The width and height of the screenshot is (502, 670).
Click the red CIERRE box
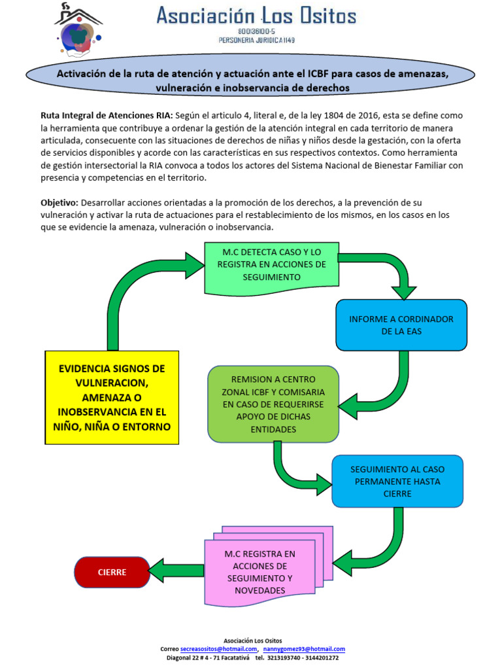[x=112, y=572]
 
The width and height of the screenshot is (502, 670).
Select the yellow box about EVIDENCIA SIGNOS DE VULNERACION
[x=112, y=398]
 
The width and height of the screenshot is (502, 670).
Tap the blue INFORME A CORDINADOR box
[x=401, y=325]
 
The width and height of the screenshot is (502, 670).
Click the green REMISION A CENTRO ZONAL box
[x=273, y=404]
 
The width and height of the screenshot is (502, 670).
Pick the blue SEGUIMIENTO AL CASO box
[x=397, y=482]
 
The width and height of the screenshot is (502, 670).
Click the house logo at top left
[x=78, y=30]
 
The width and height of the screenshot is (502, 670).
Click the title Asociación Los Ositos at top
[x=256, y=16]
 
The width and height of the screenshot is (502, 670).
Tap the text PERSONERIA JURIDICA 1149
[x=256, y=41]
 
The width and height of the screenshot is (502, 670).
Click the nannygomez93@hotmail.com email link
[x=304, y=648]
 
